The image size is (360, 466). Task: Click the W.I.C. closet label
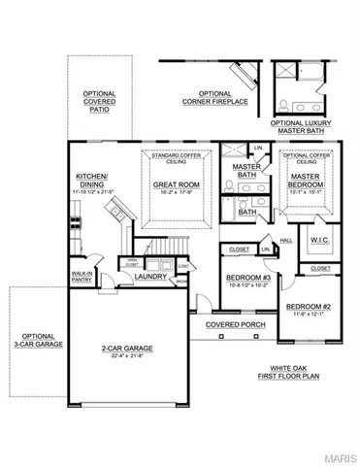[x=321, y=241]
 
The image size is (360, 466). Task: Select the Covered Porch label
[x=231, y=324]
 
